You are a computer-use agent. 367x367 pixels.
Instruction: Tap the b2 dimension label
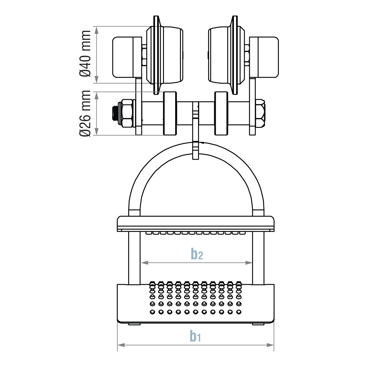(x=197, y=254)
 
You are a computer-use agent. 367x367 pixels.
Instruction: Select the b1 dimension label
(x=195, y=336)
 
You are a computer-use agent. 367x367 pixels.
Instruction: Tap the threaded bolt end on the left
(x=115, y=113)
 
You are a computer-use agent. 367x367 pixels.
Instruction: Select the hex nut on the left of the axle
(x=127, y=113)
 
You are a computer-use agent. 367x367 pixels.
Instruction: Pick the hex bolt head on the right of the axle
(x=260, y=113)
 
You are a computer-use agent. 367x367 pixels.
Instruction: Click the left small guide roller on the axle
(x=170, y=113)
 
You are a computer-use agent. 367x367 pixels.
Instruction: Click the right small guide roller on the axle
(x=221, y=113)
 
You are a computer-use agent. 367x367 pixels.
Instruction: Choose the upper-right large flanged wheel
(x=226, y=55)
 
